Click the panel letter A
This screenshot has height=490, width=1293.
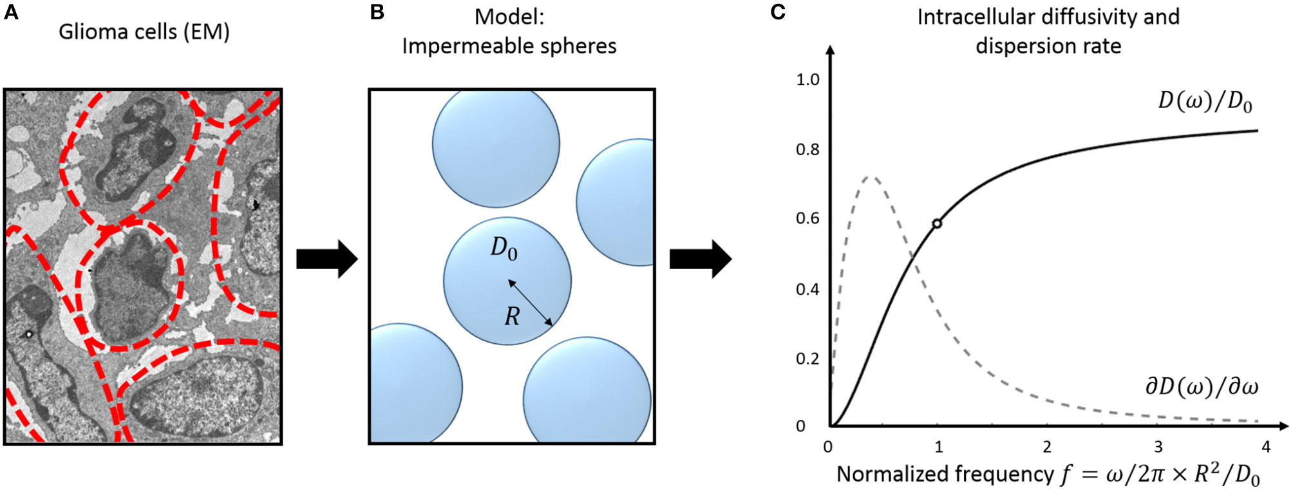(x=11, y=12)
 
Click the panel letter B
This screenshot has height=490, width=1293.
(x=377, y=12)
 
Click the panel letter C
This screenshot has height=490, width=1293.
(x=778, y=12)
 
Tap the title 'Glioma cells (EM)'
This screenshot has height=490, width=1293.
(x=144, y=32)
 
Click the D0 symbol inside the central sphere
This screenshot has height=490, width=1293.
(x=503, y=248)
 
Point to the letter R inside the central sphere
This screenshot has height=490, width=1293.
(x=512, y=316)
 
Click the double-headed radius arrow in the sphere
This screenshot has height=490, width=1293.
(x=530, y=303)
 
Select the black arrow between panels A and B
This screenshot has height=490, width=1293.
(x=326, y=259)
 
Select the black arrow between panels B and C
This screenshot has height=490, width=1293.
(x=700, y=259)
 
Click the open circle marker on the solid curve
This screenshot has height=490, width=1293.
(x=937, y=223)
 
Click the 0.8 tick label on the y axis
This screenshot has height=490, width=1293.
(x=807, y=149)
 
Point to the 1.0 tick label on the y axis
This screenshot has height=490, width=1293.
(x=807, y=80)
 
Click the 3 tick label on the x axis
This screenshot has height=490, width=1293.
(x=1158, y=446)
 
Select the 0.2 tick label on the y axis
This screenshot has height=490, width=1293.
(x=807, y=359)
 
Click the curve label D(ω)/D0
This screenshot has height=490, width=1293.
(x=1204, y=103)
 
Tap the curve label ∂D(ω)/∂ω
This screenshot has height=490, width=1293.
(x=1201, y=386)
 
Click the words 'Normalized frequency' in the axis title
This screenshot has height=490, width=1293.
(x=945, y=474)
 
